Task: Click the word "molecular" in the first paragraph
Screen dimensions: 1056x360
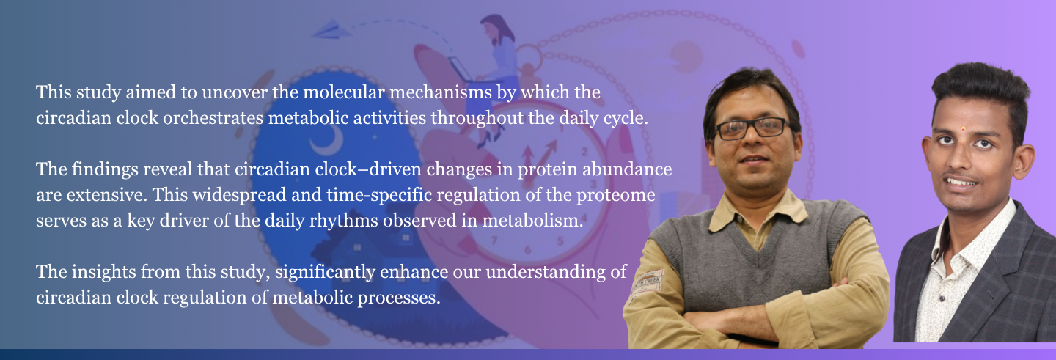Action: (x=344, y=92)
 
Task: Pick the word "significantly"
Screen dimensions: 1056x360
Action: (x=326, y=273)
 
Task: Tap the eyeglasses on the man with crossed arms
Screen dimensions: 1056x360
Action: (x=753, y=128)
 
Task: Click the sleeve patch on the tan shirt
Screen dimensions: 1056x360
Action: (x=648, y=283)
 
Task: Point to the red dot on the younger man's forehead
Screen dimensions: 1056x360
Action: (x=963, y=128)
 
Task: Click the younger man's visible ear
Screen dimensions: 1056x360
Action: (x=1023, y=161)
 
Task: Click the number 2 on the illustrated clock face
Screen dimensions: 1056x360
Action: (x=584, y=151)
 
